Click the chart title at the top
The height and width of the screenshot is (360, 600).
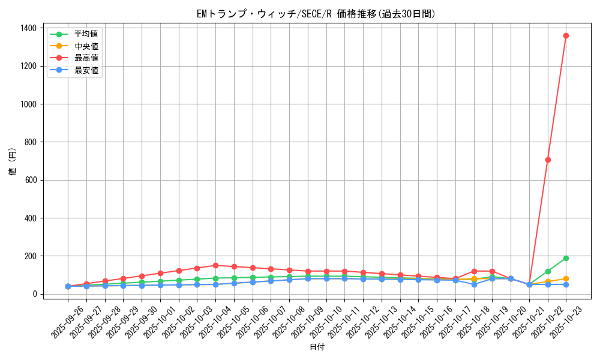(x=316, y=14)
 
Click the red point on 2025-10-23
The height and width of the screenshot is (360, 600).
(x=566, y=35)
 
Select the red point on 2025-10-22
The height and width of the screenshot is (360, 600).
(x=548, y=160)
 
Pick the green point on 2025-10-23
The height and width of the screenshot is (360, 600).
(x=566, y=258)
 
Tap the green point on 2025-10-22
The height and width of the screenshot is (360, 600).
(x=548, y=271)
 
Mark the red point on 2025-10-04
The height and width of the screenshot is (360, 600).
(x=215, y=265)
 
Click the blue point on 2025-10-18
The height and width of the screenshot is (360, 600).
(x=474, y=284)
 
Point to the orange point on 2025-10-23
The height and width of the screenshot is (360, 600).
(x=566, y=278)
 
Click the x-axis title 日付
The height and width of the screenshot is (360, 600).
(x=316, y=347)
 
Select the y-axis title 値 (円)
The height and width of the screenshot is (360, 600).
(x=13, y=162)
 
